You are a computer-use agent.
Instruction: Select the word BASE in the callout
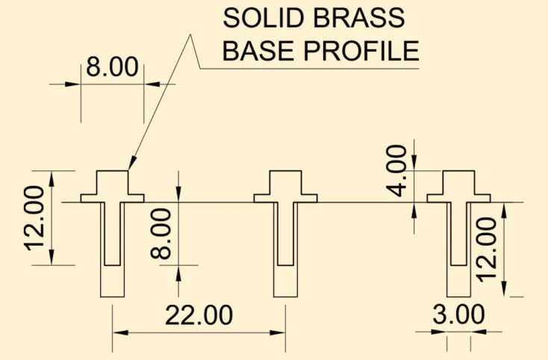(258, 51)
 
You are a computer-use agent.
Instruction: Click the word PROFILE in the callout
(361, 51)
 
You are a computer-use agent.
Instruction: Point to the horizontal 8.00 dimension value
(112, 66)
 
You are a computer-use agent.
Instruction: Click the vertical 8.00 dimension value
(161, 234)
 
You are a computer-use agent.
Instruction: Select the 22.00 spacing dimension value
(199, 315)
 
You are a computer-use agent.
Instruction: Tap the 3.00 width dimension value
(458, 314)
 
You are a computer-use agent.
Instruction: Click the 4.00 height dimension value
(396, 170)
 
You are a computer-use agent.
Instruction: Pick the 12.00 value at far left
(34, 218)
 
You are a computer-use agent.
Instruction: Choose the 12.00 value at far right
(487, 249)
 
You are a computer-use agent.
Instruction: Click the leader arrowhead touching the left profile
(132, 164)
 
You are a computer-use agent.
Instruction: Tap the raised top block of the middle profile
(285, 182)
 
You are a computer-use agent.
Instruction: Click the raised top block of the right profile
(459, 182)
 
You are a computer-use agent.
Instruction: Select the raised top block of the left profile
(112, 182)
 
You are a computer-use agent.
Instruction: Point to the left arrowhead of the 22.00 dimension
(120, 332)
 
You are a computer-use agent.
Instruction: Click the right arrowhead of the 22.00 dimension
(278, 332)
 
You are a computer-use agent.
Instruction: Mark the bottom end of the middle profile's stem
(285, 297)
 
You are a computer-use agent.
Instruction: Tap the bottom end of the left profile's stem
(112, 297)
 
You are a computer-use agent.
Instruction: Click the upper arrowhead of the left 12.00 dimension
(52, 179)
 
